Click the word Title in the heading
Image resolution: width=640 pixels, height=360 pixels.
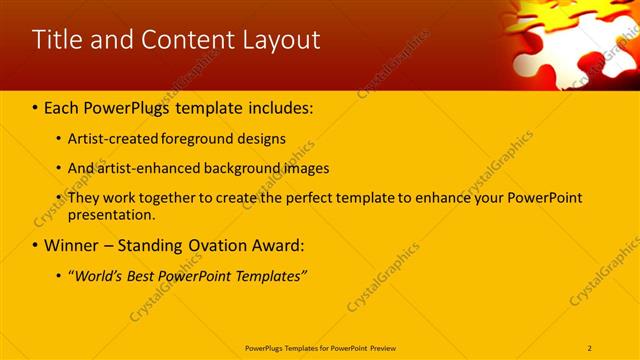(x=58, y=40)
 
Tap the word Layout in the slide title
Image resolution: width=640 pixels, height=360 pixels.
(x=279, y=40)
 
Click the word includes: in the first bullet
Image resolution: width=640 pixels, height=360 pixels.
(x=281, y=106)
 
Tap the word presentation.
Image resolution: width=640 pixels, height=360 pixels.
(x=111, y=214)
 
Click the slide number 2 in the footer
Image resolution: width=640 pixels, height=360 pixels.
(x=590, y=348)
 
